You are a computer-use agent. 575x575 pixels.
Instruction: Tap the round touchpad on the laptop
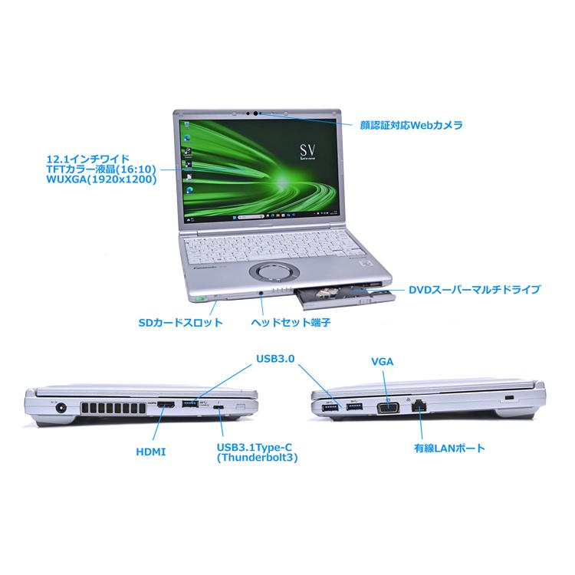coord(274,269)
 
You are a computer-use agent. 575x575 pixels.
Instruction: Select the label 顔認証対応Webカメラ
coord(412,124)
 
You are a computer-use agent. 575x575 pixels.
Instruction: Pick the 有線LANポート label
coord(450,446)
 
